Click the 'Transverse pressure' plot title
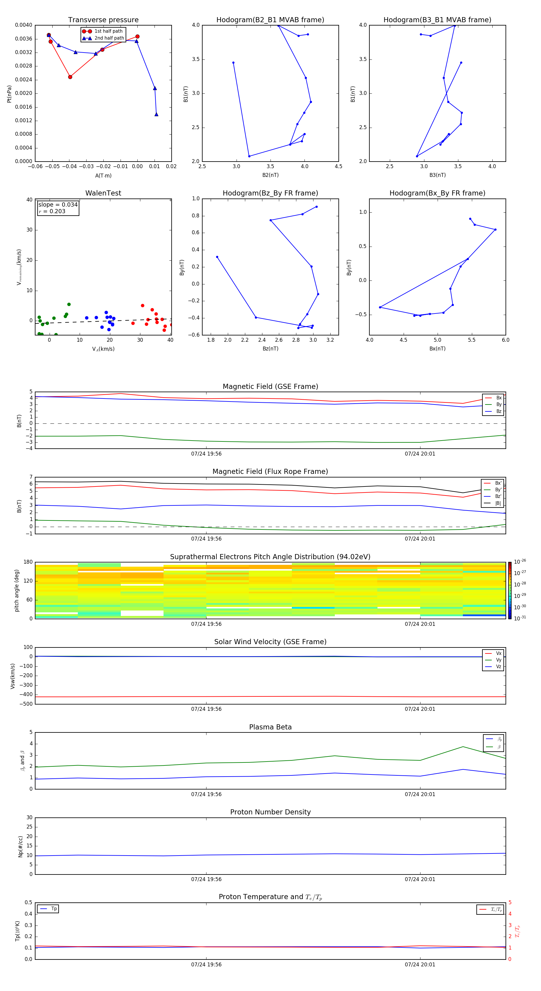click(103, 20)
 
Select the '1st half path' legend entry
click(108, 31)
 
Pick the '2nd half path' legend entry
click(109, 38)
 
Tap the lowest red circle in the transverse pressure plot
click(70, 77)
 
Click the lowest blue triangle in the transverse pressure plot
click(156, 114)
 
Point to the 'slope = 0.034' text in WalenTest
click(58, 205)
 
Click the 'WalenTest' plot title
click(103, 193)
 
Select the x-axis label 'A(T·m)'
click(103, 176)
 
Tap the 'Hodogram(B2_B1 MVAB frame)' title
click(270, 20)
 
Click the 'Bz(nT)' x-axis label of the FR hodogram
click(270, 349)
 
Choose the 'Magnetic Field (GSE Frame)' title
click(270, 386)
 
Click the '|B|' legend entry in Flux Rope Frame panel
click(498, 503)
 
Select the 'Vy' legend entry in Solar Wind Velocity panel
click(499, 660)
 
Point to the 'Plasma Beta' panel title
click(270, 727)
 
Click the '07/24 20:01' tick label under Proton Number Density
click(420, 879)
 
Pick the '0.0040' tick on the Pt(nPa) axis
click(23, 25)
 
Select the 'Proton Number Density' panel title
click(270, 812)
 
